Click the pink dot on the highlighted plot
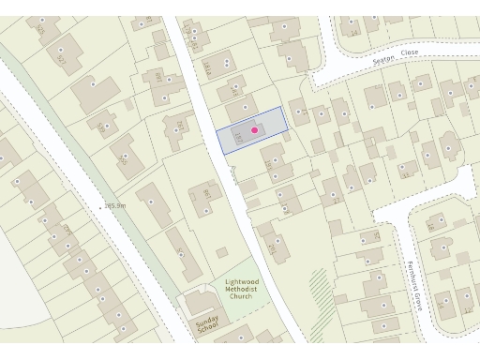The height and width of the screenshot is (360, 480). tap(254, 129)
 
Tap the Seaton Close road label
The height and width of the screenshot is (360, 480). tap(395, 58)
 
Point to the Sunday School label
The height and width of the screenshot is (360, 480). tap(207, 324)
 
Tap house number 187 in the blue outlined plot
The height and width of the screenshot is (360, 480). tap(240, 138)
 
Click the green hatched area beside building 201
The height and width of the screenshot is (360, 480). tap(321, 282)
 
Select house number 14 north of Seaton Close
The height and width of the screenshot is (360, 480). tap(352, 33)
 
